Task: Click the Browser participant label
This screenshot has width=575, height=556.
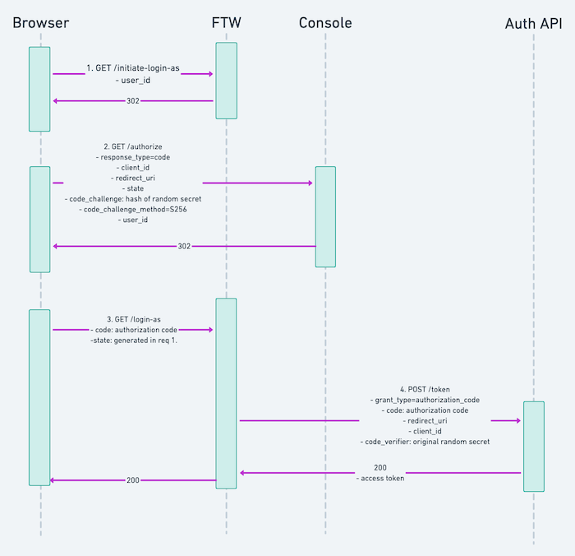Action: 41,23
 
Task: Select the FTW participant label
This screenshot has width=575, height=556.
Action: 226,23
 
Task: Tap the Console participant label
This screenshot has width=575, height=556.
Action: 325,23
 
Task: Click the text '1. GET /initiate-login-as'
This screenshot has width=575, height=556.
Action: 133,68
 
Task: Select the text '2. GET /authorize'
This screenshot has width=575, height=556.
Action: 133,146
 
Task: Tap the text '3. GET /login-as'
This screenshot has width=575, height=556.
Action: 133,319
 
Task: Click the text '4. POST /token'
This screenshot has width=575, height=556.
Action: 425,389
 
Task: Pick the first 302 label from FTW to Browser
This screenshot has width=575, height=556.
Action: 133,101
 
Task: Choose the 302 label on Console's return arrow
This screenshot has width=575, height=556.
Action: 184,246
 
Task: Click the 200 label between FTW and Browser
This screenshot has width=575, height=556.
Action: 133,480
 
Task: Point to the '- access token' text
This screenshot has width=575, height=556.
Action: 379,478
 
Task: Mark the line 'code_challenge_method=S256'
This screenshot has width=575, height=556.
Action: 133,209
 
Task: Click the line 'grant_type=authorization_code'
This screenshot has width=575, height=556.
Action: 425,400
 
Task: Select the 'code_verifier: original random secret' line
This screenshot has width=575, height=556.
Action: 425,442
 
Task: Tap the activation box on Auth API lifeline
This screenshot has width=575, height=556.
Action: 534,446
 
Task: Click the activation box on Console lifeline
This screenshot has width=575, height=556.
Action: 325,216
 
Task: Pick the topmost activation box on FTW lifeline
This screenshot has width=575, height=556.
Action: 227,81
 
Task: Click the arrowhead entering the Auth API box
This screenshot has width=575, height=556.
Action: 517,420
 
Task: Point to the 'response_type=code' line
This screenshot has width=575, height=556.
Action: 133,156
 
